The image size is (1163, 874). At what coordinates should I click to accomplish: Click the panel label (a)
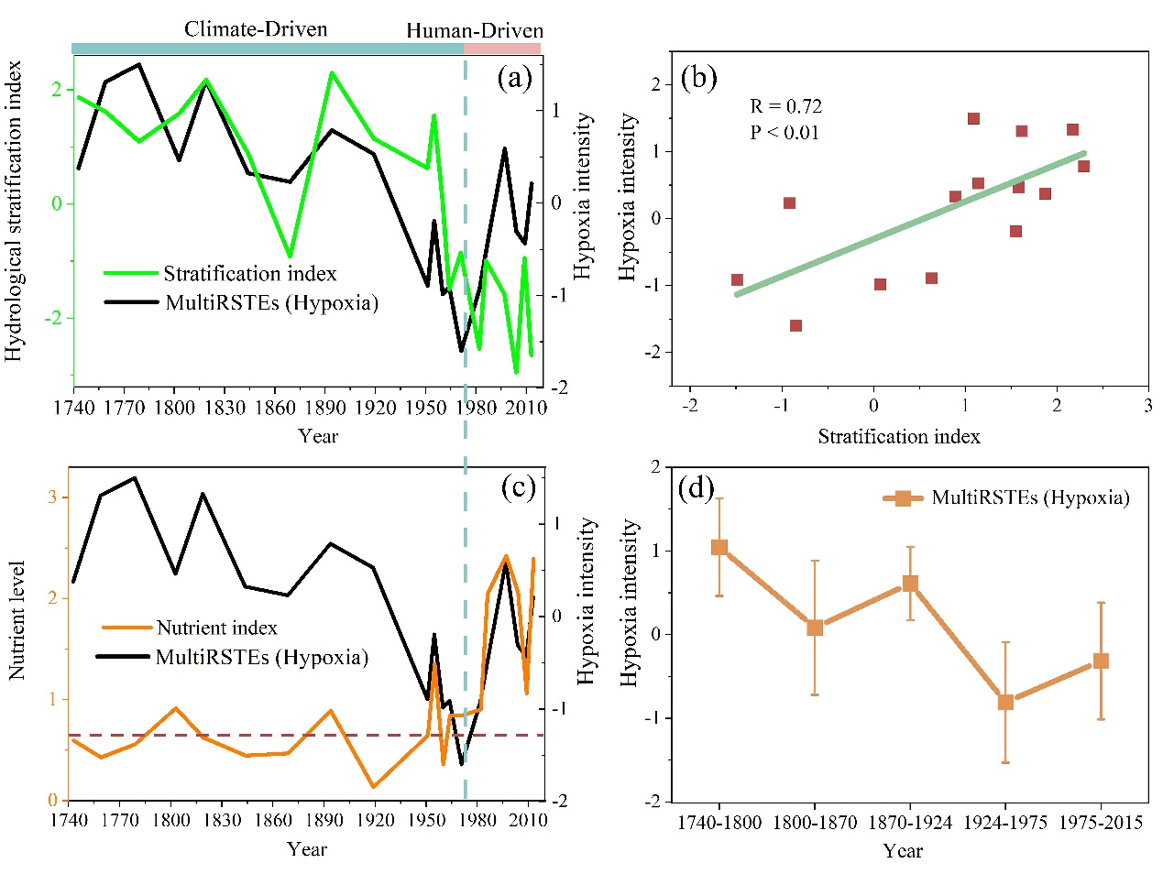[x=514, y=78]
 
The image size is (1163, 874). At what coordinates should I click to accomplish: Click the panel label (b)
[x=698, y=78]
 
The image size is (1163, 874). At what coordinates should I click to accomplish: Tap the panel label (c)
[x=518, y=487]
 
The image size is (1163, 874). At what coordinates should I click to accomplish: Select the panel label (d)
[x=696, y=487]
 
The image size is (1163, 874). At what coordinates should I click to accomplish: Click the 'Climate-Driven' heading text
[x=256, y=29]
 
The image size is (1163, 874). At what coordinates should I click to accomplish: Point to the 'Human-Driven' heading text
[x=475, y=31]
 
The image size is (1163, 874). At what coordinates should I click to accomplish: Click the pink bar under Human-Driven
[x=502, y=49]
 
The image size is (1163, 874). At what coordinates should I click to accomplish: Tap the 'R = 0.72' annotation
[x=785, y=106]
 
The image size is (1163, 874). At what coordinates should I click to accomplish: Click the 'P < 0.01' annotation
[x=784, y=132]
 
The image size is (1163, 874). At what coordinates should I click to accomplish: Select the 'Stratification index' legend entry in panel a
[x=249, y=274]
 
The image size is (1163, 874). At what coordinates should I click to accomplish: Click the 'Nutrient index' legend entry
[x=216, y=628]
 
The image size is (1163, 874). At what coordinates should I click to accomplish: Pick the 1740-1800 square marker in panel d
[x=719, y=547]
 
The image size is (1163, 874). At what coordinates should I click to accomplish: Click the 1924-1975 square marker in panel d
[x=1005, y=702]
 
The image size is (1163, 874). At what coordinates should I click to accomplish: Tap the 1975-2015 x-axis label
[x=1101, y=823]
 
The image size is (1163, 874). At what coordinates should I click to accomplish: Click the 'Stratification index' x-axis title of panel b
[x=899, y=437]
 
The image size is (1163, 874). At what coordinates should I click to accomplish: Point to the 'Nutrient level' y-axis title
[x=16, y=620]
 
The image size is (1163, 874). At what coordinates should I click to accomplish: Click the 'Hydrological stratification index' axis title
[x=14, y=211]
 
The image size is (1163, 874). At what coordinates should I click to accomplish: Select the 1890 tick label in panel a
[x=325, y=407]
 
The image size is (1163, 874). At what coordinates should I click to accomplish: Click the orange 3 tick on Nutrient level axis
[x=52, y=497]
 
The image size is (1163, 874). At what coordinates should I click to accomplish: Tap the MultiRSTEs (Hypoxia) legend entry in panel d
[x=1030, y=497]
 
